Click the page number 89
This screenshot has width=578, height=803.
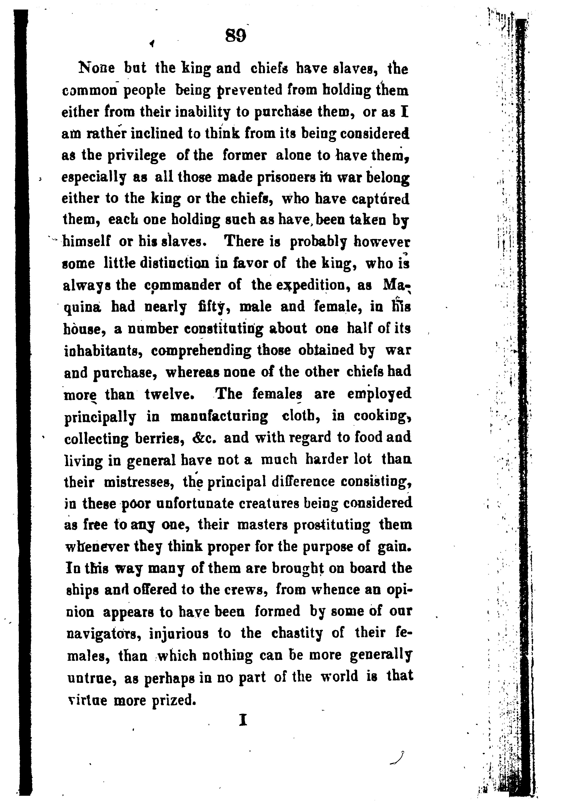(x=235, y=36)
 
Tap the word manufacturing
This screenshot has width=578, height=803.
(x=219, y=416)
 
